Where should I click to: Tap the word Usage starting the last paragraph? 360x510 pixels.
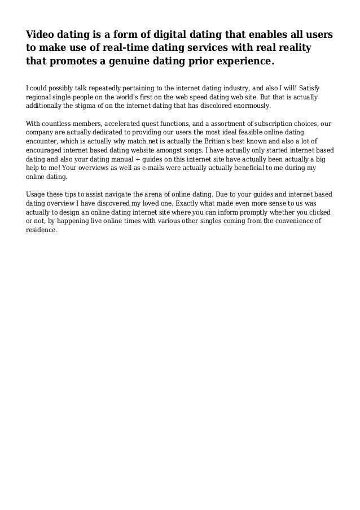pyautogui.click(x=38, y=195)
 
